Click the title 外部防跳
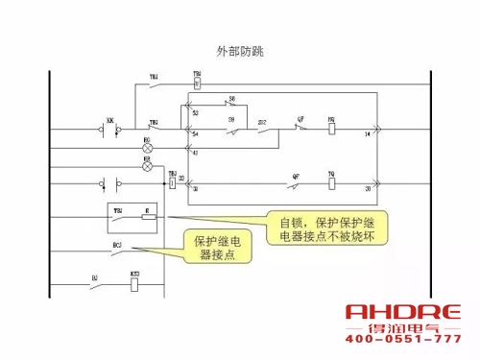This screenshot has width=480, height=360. point(240,50)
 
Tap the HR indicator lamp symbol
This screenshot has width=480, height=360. point(147,166)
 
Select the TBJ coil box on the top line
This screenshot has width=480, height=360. point(197,82)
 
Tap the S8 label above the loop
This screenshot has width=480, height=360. point(230,99)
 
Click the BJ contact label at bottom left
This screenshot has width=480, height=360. point(94,276)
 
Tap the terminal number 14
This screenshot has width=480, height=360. point(366,135)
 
